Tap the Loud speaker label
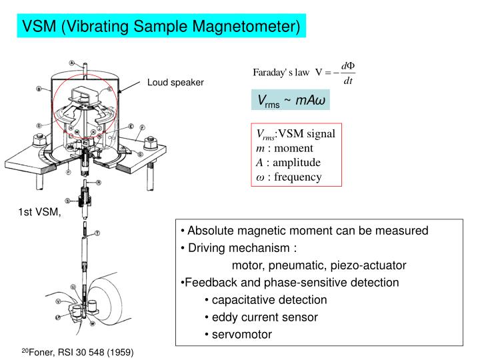click(x=175, y=83)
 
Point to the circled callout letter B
click(x=40, y=88)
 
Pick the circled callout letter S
click(x=67, y=201)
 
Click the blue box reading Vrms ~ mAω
click(x=290, y=100)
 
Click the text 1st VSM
click(x=39, y=213)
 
